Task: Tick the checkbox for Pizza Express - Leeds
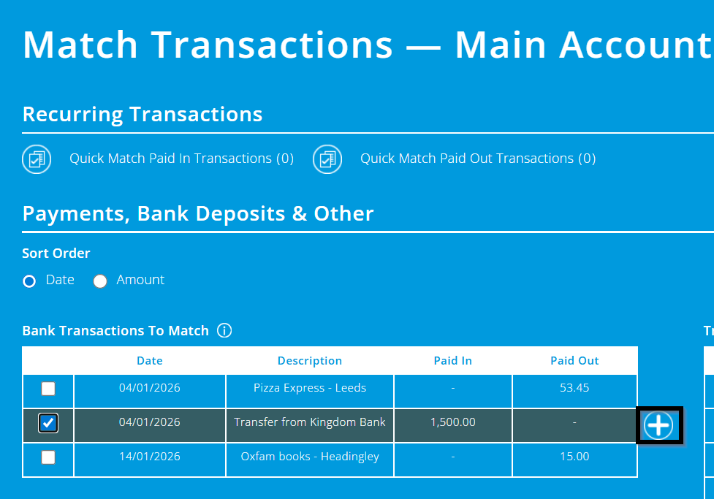pyautogui.click(x=48, y=389)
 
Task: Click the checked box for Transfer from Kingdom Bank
pyautogui.click(x=48, y=423)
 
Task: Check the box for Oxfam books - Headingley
pyautogui.click(x=48, y=457)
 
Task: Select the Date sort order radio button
pyautogui.click(x=29, y=281)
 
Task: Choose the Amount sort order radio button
pyautogui.click(x=100, y=281)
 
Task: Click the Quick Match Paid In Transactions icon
pyautogui.click(x=37, y=159)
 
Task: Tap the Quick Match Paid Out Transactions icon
pyautogui.click(x=327, y=159)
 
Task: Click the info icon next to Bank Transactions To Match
pyautogui.click(x=224, y=331)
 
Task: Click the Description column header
pyautogui.click(x=310, y=361)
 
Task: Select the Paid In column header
pyautogui.click(x=453, y=361)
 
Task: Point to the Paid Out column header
pyautogui.click(x=574, y=361)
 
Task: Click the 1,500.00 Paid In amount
pyautogui.click(x=453, y=422)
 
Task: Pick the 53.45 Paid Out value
pyautogui.click(x=574, y=388)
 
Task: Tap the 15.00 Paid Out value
pyautogui.click(x=574, y=457)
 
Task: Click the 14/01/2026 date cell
pyautogui.click(x=150, y=457)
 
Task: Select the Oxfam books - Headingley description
pyautogui.click(x=310, y=457)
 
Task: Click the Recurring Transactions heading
pyautogui.click(x=143, y=115)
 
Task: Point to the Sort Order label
pyautogui.click(x=56, y=254)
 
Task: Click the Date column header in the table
pyautogui.click(x=150, y=361)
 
